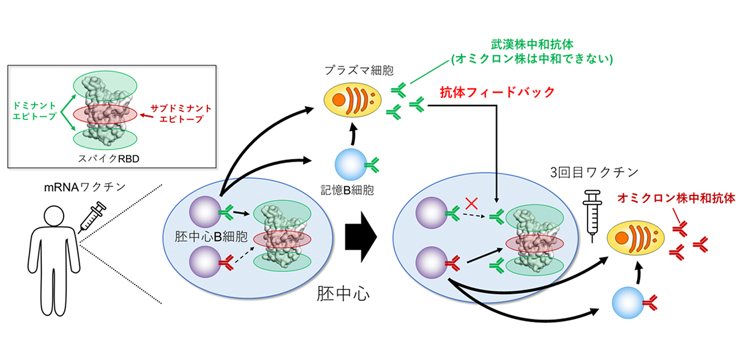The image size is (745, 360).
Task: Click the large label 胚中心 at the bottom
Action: (343, 295)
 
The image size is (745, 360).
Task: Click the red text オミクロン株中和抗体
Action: (676, 198)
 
